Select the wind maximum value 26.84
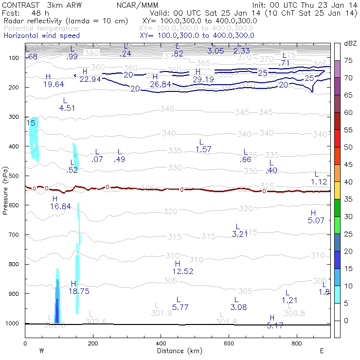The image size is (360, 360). click(x=161, y=85)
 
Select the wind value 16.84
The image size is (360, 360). click(x=60, y=206)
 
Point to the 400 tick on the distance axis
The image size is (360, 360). click(x=161, y=343)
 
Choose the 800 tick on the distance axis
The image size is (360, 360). click(x=297, y=343)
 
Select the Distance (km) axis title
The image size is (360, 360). click(x=178, y=351)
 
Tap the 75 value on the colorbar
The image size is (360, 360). click(x=349, y=61)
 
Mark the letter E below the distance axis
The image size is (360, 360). click(x=322, y=351)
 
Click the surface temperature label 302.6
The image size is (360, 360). click(x=96, y=321)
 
